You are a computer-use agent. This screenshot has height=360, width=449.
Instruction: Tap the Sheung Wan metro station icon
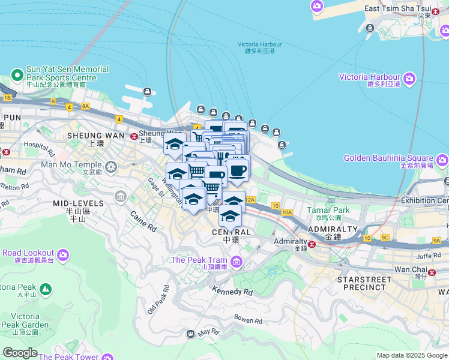tap(133, 136)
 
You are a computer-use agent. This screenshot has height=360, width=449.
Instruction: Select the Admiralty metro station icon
tap(312, 244)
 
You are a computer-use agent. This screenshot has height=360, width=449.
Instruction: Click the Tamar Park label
tap(328, 210)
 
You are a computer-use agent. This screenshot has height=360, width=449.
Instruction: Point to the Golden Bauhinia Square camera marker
tap(442, 160)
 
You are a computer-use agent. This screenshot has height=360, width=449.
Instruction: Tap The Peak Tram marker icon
tap(237, 262)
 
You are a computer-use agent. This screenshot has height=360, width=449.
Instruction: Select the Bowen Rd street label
tap(249, 320)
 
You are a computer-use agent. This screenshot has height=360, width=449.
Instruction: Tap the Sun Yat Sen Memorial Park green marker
tap(17, 76)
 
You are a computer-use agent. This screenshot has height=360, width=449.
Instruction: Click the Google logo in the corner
tap(20, 353)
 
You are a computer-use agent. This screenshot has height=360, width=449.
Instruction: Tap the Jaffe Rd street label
tap(428, 256)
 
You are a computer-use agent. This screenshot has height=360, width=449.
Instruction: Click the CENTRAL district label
tap(232, 232)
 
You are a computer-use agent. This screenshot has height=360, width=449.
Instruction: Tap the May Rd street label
tap(208, 332)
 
